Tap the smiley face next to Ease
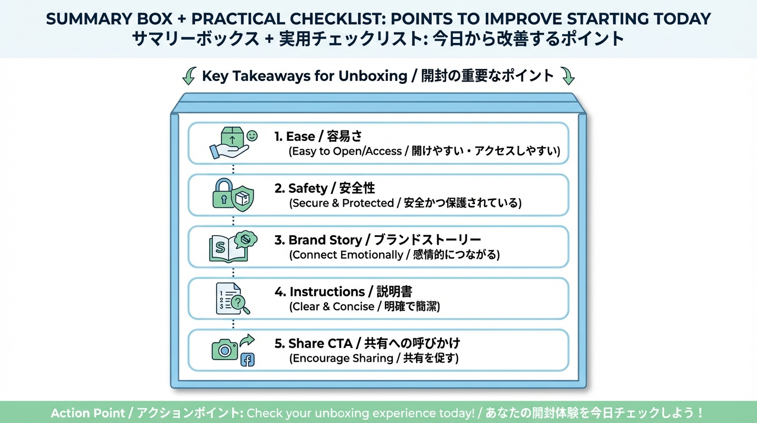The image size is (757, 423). [x=252, y=136]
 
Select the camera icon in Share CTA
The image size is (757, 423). [x=224, y=350]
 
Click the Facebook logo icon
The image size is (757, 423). [x=248, y=360]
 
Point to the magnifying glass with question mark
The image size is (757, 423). [x=240, y=304]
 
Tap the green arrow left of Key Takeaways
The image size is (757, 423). [x=189, y=75]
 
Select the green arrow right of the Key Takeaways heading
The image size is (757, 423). [x=568, y=75]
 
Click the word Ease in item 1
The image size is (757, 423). [x=300, y=137]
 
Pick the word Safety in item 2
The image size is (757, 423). [x=308, y=188]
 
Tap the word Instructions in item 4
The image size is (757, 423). [x=327, y=292]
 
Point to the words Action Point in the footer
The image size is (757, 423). [x=87, y=413]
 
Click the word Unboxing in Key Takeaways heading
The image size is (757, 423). [x=373, y=76]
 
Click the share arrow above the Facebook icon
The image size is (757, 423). [x=247, y=340]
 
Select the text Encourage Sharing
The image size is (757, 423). [x=343, y=359]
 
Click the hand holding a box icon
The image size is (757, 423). [x=230, y=143]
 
